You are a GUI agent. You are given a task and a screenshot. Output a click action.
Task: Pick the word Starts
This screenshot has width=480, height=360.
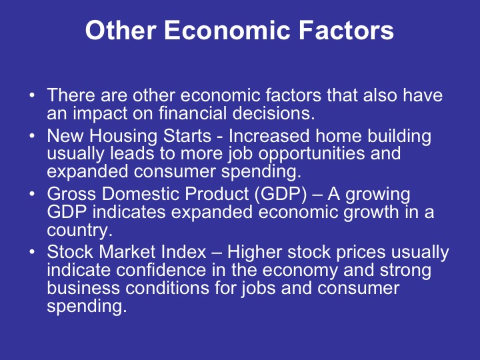tap(191, 137)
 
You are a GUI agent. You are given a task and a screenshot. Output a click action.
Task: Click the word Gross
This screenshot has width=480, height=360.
tap(69, 195)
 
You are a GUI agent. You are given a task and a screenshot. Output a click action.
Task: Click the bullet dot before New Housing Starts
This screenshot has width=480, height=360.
tap(33, 137)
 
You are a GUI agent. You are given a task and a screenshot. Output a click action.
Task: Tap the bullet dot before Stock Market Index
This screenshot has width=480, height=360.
tap(33, 253)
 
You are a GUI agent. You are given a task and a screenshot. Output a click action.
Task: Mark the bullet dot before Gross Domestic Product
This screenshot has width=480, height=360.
tap(33, 195)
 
